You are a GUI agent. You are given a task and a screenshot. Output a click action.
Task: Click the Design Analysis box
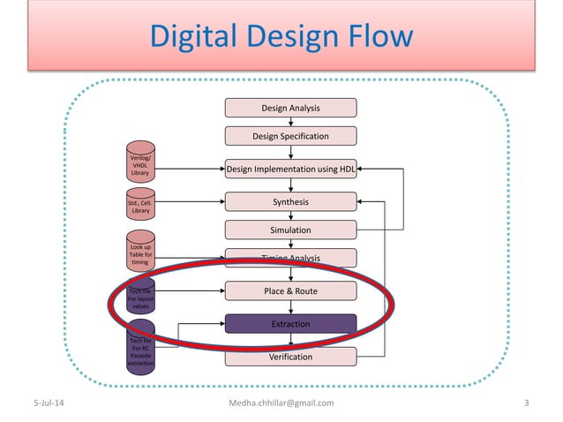(290, 108)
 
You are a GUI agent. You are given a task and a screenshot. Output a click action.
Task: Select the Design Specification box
(290, 136)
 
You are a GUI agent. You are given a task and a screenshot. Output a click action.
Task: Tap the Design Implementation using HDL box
(290, 170)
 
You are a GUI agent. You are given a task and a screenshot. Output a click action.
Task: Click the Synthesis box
(290, 202)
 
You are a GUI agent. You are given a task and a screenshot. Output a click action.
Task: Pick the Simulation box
(290, 230)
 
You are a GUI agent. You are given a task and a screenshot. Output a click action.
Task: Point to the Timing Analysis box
(290, 258)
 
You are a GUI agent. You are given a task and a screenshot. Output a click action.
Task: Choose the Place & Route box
(290, 290)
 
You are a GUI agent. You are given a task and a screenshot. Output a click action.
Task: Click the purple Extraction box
(290, 324)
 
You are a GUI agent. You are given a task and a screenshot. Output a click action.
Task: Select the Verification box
(290, 357)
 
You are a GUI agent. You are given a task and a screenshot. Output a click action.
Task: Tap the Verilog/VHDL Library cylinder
(140, 165)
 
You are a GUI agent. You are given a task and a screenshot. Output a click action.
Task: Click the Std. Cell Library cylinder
(140, 207)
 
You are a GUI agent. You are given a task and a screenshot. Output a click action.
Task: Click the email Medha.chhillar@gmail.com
(281, 403)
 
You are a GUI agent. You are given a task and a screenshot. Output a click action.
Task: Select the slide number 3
(526, 403)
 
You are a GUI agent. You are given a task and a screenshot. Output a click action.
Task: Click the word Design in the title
(287, 36)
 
